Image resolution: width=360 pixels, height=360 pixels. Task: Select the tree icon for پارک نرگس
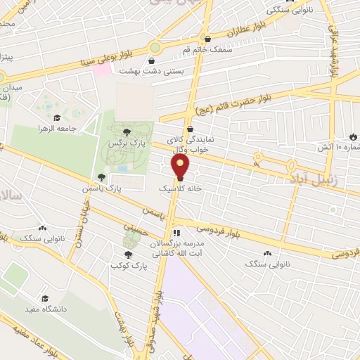click(x=126, y=131)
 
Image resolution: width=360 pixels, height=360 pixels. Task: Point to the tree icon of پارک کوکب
click(x=127, y=255)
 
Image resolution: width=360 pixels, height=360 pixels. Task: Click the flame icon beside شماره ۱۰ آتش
click(x=353, y=136)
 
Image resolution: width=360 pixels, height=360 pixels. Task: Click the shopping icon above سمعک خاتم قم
click(x=208, y=39)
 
